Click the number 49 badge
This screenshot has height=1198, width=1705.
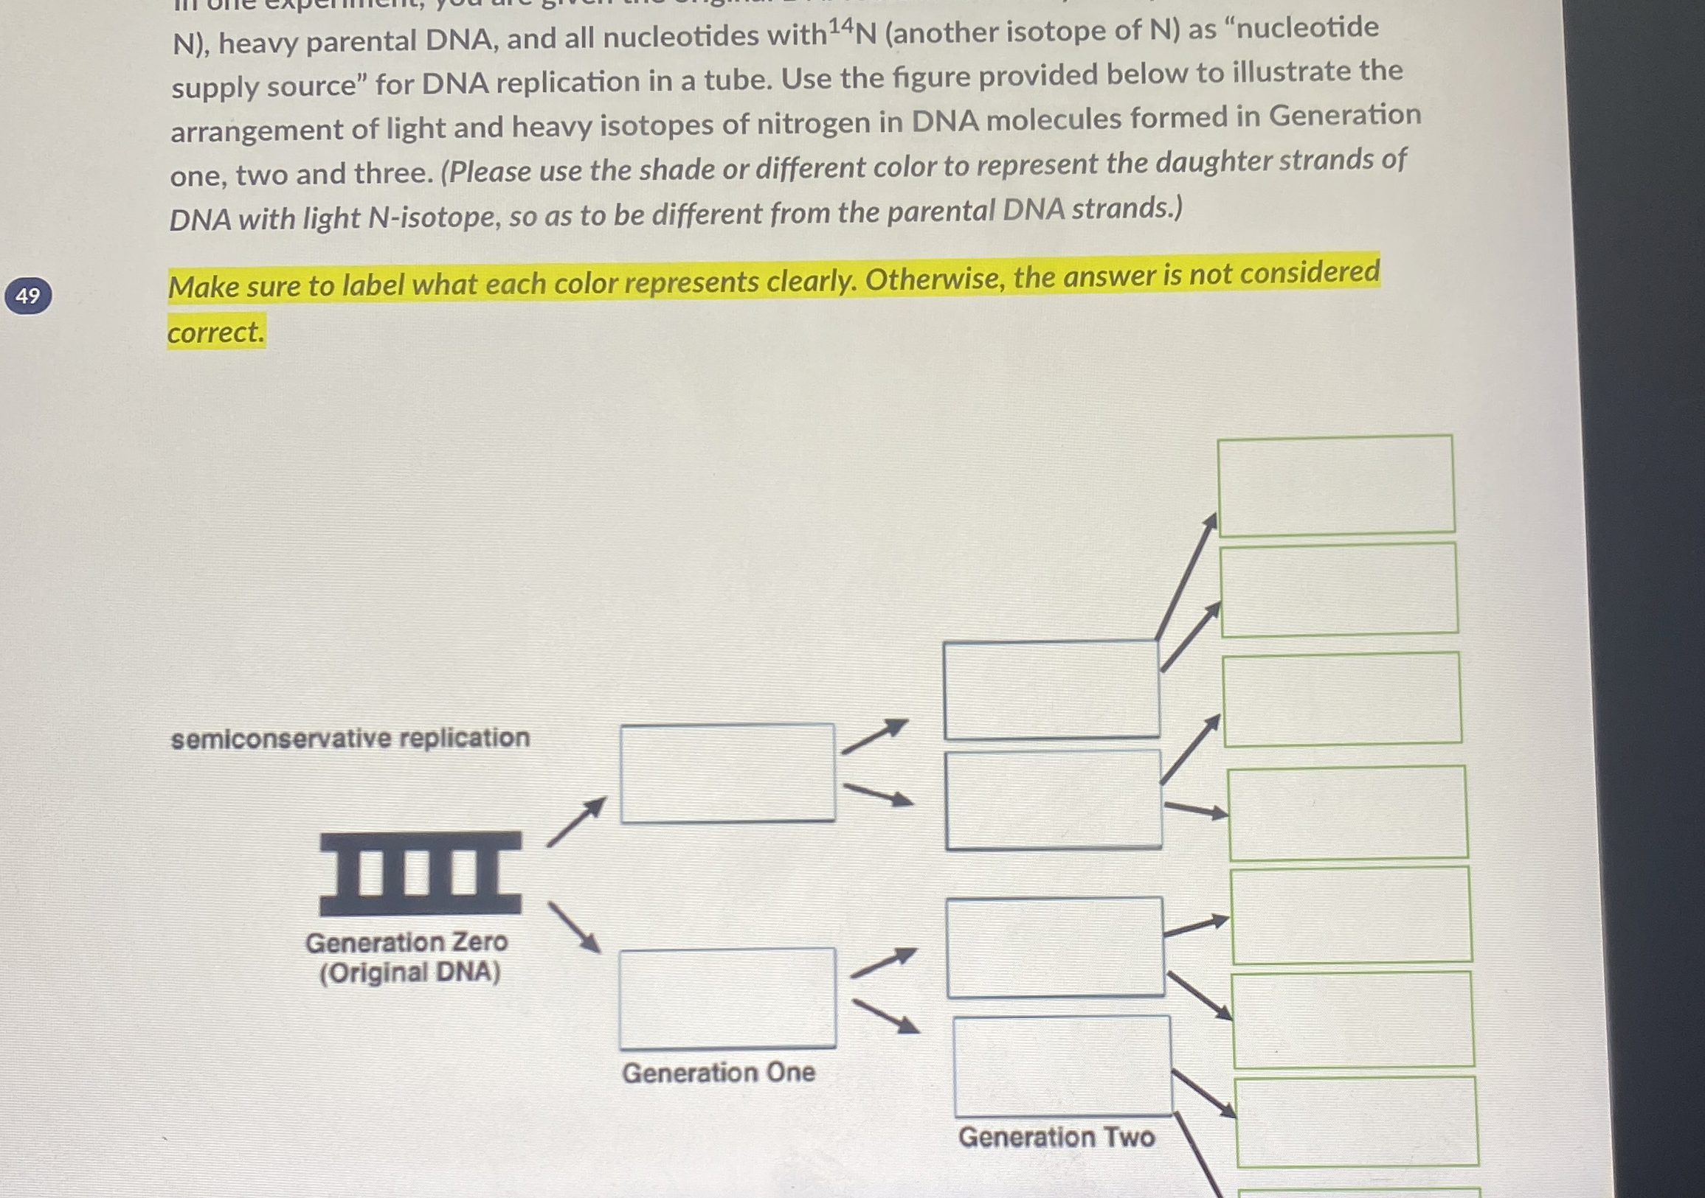(27, 296)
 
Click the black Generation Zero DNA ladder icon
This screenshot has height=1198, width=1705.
(421, 873)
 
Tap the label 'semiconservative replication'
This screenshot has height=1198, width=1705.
(350, 739)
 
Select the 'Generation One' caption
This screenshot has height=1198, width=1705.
(718, 1073)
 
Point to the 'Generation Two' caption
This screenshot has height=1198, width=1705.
(1056, 1137)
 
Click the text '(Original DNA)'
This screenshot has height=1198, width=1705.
(410, 972)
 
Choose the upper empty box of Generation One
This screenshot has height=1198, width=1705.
(727, 773)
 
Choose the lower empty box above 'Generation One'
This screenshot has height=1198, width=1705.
(727, 998)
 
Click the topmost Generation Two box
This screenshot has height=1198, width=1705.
(1051, 690)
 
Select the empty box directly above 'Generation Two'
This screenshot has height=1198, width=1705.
(1062, 1066)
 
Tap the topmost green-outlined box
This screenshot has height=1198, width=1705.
(1335, 484)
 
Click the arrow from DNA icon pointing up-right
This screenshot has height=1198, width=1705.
(576, 822)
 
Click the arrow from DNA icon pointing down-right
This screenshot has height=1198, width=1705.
(574, 928)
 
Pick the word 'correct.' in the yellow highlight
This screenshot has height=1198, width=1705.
(215, 332)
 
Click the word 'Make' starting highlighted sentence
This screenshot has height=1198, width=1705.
(204, 287)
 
